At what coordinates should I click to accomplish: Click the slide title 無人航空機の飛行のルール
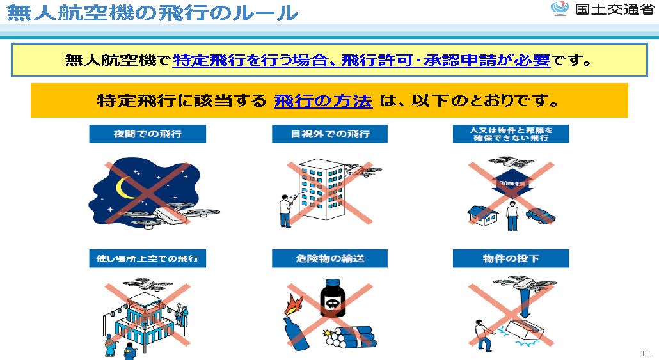pyautogui.click(x=152, y=12)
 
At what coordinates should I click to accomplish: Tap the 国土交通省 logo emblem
pyautogui.click(x=559, y=9)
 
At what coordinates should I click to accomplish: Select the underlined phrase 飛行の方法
pyautogui.click(x=323, y=100)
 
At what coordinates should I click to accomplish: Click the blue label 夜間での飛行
pyautogui.click(x=147, y=134)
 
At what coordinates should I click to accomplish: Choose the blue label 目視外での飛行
pyautogui.click(x=329, y=134)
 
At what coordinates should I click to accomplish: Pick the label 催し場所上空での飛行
pyautogui.click(x=147, y=258)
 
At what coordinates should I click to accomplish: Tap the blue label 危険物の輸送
pyautogui.click(x=329, y=258)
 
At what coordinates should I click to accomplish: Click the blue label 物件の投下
pyautogui.click(x=511, y=258)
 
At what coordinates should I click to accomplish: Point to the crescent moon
pyautogui.click(x=125, y=186)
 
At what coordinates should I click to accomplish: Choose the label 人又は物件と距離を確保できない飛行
pyautogui.click(x=511, y=134)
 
